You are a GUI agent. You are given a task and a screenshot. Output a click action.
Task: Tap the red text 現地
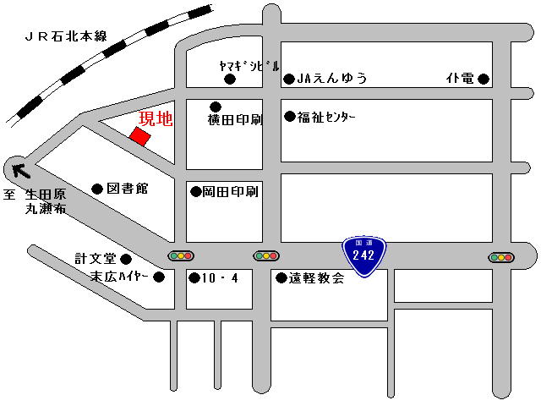(155, 119)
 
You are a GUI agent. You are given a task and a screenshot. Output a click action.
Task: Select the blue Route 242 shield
(364, 255)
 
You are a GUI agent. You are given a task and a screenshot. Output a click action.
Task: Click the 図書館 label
(128, 188)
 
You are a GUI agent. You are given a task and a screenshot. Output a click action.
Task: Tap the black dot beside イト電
(484, 80)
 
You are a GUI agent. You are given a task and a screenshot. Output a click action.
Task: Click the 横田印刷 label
(236, 120)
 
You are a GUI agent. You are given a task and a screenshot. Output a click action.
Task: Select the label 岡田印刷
(230, 191)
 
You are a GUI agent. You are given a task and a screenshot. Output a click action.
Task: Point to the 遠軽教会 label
(316, 277)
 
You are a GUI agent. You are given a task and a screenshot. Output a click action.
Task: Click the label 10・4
(221, 277)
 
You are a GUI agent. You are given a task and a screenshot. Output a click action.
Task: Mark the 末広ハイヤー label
(120, 277)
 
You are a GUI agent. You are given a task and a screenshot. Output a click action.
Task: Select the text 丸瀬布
(45, 210)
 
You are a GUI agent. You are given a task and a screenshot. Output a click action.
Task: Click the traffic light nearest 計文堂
(181, 255)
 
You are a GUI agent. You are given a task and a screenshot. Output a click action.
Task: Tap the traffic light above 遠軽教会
(265, 255)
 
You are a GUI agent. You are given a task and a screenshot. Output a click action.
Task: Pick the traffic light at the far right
(500, 257)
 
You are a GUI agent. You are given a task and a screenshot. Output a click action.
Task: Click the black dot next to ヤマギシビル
(229, 80)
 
